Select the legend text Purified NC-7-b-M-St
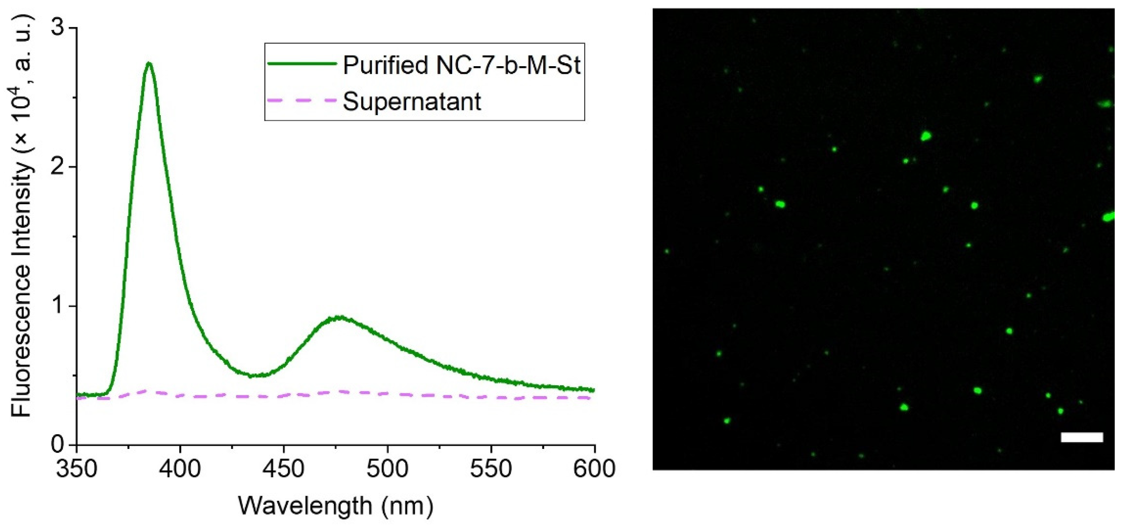pos(462,65)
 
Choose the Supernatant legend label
pos(412,101)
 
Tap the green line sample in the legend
pos(302,64)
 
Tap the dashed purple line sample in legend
pos(302,100)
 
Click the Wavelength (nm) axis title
pos(336,506)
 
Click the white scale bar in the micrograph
pos(1082,437)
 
